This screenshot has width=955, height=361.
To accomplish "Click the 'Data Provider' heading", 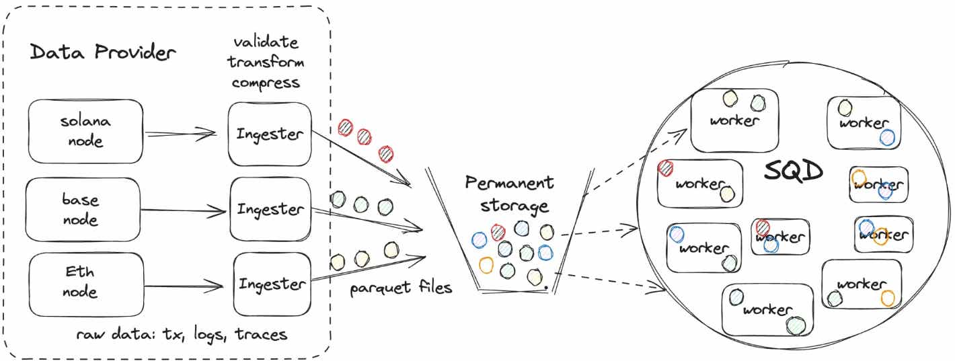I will coord(102,52).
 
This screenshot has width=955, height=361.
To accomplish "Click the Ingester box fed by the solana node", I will coord(269,133).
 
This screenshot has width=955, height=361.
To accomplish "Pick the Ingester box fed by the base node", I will coord(270,209).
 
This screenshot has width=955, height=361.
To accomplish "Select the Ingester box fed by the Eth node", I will coord(272,284).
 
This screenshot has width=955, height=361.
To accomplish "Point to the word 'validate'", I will coord(265,42).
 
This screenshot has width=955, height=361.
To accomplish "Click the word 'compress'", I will coord(265,83).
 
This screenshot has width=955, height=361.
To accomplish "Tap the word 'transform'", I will coord(265,63).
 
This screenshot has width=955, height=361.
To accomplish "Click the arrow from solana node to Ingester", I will coord(180,134).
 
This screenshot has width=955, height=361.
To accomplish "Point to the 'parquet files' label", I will coord(401,288).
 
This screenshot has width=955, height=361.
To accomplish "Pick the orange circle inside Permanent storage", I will coord(486,264).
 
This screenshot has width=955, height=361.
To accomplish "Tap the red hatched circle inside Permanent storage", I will coord(498,233).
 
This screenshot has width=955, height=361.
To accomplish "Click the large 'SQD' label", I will coord(794,172).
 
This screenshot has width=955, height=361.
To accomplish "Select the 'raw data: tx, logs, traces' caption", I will coord(182,334).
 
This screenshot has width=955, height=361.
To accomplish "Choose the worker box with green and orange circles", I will coord(861,285).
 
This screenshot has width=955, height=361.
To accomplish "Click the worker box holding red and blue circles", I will coord(779,236).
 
